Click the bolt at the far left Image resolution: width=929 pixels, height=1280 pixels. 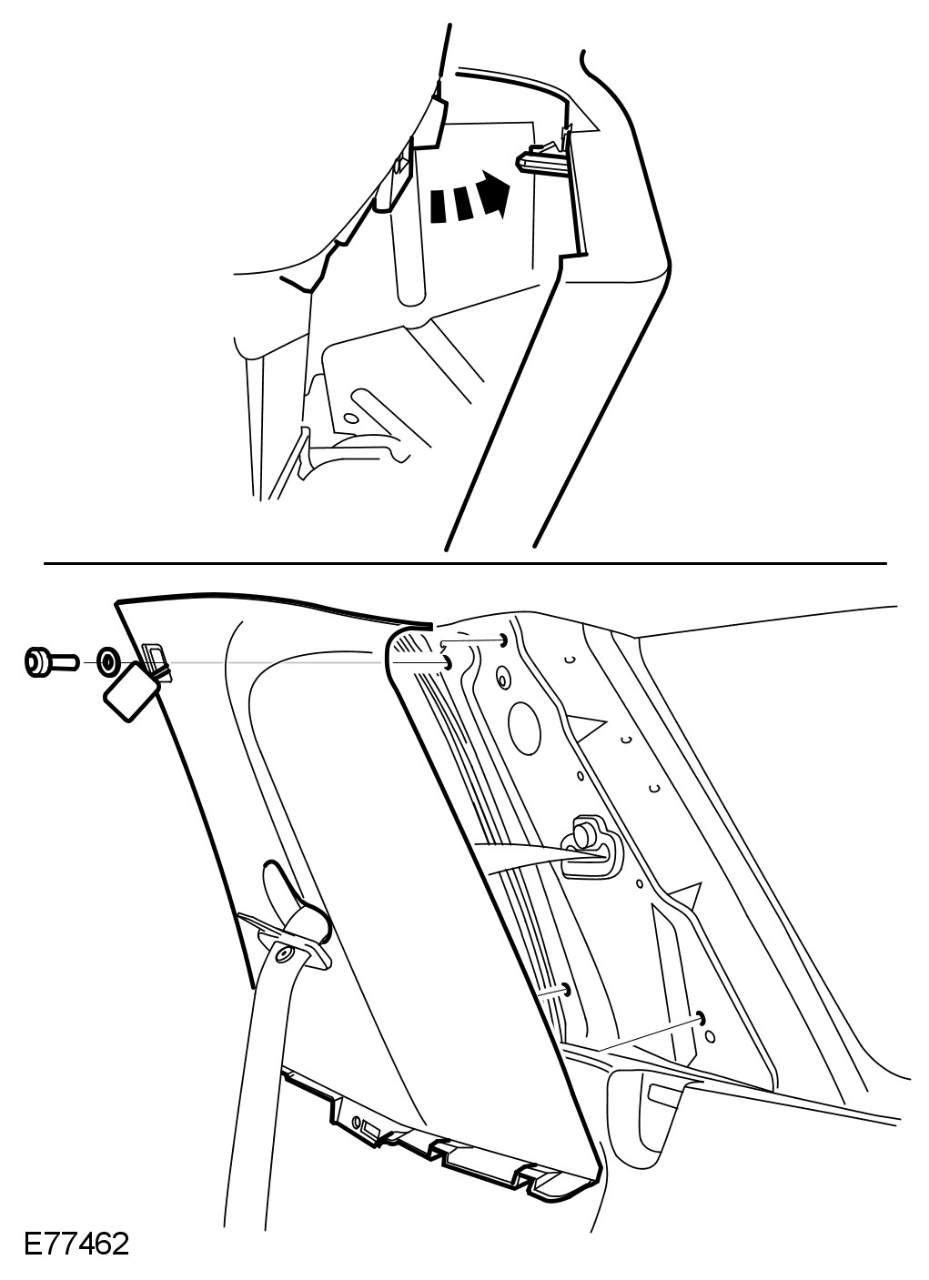click(x=50, y=662)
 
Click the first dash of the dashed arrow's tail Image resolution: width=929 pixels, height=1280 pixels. click(x=437, y=207)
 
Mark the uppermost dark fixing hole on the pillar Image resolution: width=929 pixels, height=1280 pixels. click(x=503, y=639)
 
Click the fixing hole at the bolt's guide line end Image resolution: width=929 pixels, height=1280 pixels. click(x=448, y=663)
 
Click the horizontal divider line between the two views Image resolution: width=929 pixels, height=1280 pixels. click(x=465, y=563)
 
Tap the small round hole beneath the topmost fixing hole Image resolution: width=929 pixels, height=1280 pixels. click(x=502, y=680)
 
